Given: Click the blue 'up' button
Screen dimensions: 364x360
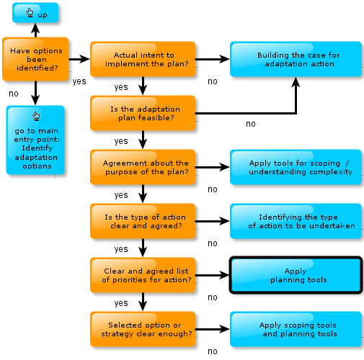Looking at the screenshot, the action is [x=35, y=13].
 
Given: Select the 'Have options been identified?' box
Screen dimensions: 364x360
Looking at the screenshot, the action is [x=35, y=59].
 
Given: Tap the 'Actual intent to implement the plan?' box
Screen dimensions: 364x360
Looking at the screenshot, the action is [x=143, y=59].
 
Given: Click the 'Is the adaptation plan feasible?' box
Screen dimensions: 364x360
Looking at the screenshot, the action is [x=143, y=113].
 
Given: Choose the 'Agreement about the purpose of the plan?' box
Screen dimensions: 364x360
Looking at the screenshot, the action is [x=143, y=167].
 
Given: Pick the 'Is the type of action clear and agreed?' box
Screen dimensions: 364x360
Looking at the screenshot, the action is [x=143, y=221].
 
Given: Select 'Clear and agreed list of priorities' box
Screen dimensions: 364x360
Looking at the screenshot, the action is [x=143, y=275].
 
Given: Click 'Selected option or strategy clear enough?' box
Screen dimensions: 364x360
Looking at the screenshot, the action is [x=143, y=329].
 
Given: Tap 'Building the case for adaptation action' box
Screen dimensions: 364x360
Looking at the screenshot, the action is [x=296, y=59].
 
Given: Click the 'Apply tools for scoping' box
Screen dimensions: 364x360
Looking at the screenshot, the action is [x=296, y=167].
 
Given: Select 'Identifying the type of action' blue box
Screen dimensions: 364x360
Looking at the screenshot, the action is [x=296, y=221].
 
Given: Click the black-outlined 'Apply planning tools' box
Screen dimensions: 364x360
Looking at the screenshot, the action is [x=296, y=275].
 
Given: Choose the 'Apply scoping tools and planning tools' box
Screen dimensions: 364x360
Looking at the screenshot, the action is [x=296, y=329].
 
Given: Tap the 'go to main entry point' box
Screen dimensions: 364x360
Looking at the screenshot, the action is [x=35, y=140].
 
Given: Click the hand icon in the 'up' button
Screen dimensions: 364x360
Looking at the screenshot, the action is [x=30, y=12].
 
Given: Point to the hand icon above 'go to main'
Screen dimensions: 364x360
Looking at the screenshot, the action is [x=36, y=116].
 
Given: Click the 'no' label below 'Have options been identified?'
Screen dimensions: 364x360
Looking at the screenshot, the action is [x=14, y=94].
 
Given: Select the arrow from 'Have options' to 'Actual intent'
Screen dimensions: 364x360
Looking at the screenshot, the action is [x=79, y=59].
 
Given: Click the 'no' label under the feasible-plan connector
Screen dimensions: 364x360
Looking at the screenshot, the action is [x=251, y=124].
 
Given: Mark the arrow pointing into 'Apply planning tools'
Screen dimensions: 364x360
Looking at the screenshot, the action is [x=213, y=275].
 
